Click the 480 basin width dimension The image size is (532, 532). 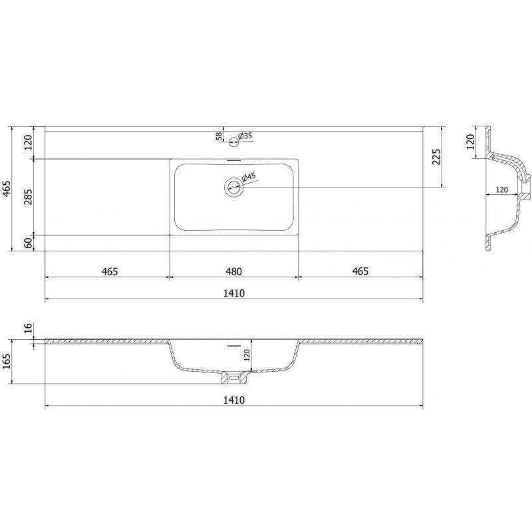[x=233, y=271]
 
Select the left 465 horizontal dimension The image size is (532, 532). [x=110, y=271]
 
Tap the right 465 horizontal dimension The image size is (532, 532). [x=360, y=271]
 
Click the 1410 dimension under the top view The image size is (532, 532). [x=233, y=293]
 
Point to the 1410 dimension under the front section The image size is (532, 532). [x=233, y=400]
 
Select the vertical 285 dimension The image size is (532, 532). [x=27, y=197]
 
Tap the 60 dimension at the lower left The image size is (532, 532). [x=27, y=243]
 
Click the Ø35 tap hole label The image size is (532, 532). [x=245, y=136]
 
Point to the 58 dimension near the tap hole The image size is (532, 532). [x=219, y=136]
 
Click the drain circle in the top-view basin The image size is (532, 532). [x=233, y=187]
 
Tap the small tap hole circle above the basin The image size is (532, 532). [x=233, y=141]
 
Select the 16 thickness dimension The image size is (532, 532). [x=27, y=328]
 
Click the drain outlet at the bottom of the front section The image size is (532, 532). [x=233, y=378]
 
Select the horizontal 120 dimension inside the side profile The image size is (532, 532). [x=502, y=190]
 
